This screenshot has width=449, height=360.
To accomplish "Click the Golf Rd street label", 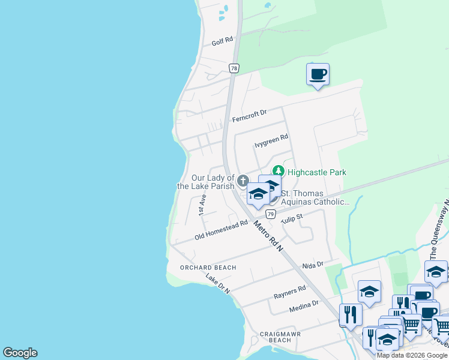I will (222, 43).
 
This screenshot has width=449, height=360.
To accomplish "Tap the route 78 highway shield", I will (234, 68).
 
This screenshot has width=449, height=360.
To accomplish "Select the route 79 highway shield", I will (271, 214).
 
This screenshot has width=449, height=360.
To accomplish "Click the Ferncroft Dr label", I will (249, 116).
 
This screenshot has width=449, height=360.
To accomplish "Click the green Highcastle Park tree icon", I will (278, 172).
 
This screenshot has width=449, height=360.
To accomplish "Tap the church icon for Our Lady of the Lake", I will (243, 180).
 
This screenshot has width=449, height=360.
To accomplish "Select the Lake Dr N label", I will (218, 283).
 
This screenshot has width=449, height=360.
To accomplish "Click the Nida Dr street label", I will (313, 265).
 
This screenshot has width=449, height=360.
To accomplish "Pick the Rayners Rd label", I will (290, 292).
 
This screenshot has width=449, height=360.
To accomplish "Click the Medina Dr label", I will (303, 305).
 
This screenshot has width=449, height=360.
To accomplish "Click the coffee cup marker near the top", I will (318, 75).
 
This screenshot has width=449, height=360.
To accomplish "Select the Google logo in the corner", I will (20, 353).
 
